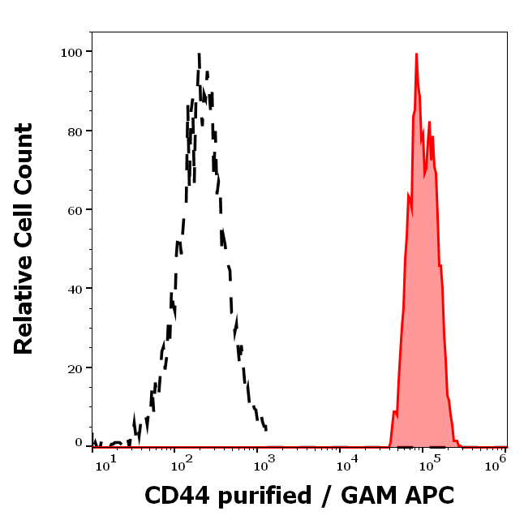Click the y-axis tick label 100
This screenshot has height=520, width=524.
71,52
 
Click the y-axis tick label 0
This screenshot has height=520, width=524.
79,443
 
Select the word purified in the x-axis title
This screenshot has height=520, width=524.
267,496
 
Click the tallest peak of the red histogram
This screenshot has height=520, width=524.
416,54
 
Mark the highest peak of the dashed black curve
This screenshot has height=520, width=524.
199,55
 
